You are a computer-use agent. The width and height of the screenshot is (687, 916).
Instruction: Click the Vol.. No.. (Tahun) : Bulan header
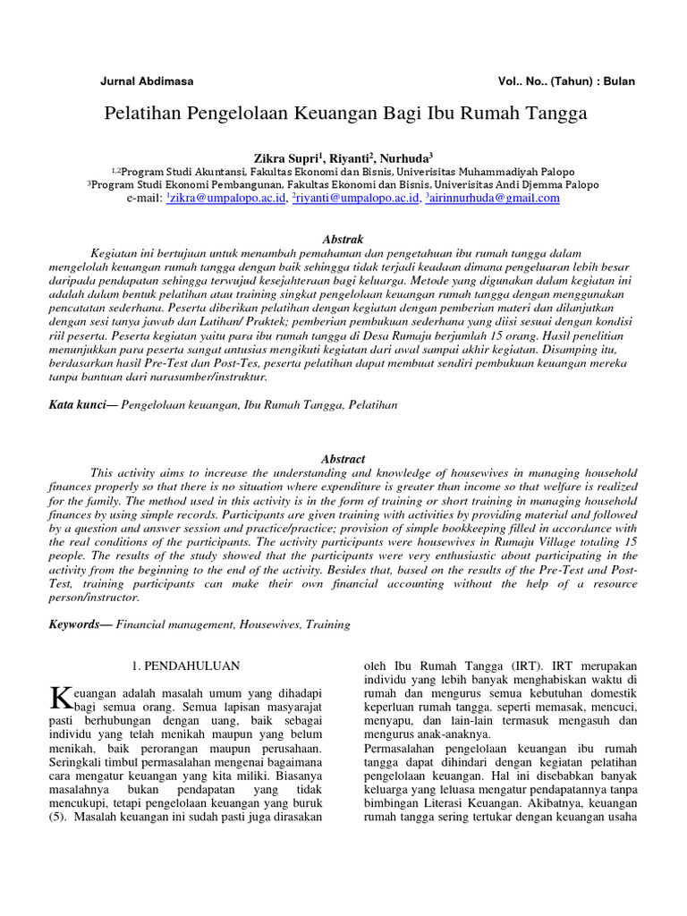coord(566,81)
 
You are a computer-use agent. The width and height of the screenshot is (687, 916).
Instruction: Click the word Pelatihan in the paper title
coord(150,114)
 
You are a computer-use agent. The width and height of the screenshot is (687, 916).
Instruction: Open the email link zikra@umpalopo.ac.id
coord(227,199)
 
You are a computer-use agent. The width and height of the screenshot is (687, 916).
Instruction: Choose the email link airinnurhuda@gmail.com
coord(495,199)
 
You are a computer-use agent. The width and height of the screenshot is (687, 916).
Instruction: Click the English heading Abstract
coord(343,459)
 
